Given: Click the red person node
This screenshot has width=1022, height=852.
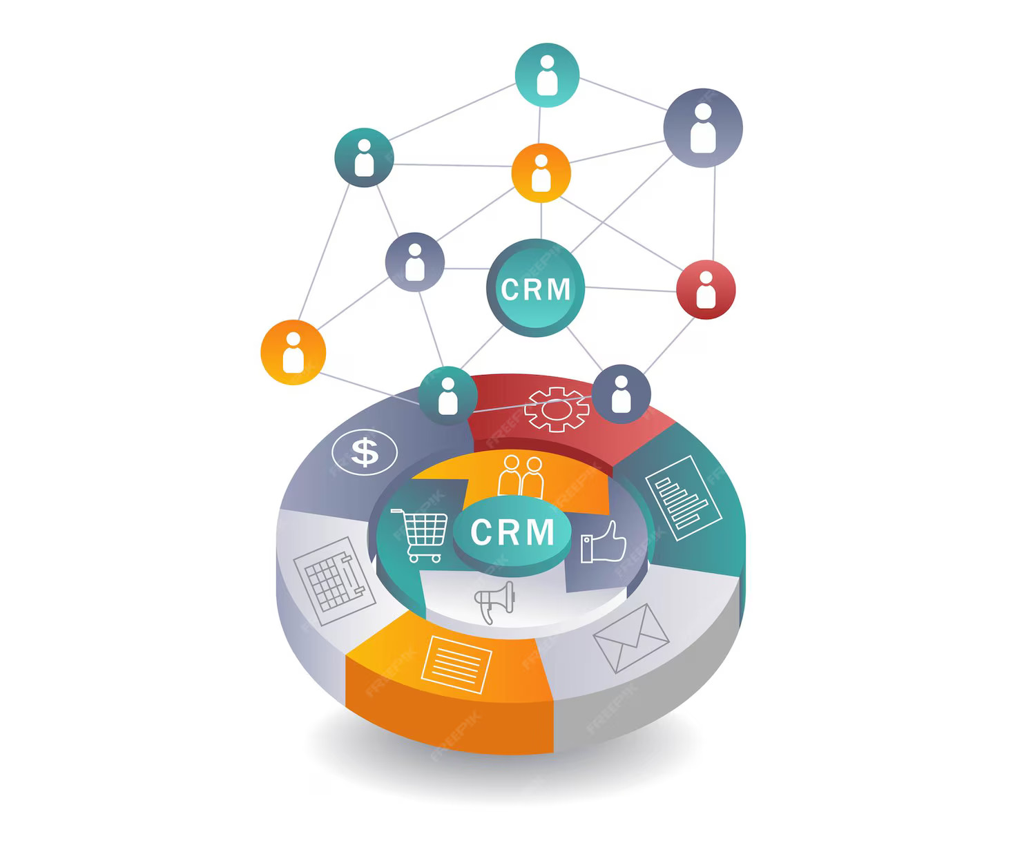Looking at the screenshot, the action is tap(705, 290).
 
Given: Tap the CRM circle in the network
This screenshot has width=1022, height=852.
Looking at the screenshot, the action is tap(536, 288).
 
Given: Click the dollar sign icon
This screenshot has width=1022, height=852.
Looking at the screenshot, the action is tap(365, 452).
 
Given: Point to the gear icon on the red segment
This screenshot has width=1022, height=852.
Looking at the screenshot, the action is tap(557, 409).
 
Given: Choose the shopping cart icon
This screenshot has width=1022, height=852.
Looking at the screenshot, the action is tap(420, 535).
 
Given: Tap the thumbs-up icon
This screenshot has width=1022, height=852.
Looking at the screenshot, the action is tap(603, 542).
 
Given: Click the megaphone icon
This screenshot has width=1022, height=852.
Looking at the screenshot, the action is tap(495, 601).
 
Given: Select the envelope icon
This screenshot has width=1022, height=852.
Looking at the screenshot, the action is tap(630, 638).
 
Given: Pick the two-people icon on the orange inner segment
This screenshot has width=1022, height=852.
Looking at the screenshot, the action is tap(521, 476).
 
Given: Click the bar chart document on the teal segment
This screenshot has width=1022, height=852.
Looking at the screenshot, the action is tap(684, 498).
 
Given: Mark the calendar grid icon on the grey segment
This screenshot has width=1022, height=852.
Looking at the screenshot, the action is tap(334, 581).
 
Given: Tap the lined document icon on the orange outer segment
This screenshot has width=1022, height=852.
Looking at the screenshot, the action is tap(456, 664).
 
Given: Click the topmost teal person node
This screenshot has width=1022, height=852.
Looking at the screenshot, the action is tap(547, 75).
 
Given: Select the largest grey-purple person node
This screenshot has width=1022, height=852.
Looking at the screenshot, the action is tap(703, 128).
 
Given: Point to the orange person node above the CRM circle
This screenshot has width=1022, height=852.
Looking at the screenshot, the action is tap(541, 173).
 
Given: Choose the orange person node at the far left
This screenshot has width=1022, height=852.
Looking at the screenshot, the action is tap(293, 352).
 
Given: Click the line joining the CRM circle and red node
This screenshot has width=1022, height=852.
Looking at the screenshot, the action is tap(630, 289).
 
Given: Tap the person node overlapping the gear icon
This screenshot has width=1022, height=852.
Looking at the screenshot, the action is tap(621, 394).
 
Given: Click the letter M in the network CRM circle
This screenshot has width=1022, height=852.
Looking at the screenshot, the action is tap(559, 289).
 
